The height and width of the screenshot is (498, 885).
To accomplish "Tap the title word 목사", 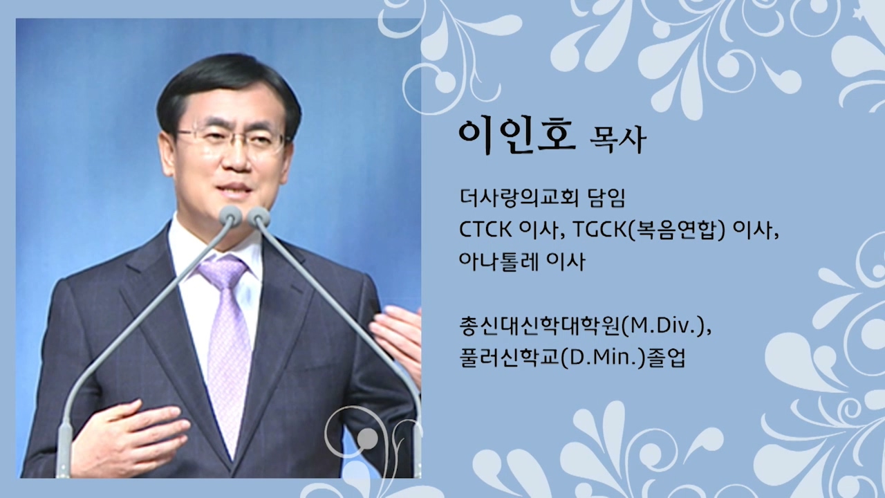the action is click(x=617, y=140).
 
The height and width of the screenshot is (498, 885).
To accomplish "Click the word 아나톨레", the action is click(x=499, y=261).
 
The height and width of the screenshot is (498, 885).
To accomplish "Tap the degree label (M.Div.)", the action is click(x=667, y=327).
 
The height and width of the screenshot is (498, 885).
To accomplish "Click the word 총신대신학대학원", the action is click(x=540, y=327).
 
